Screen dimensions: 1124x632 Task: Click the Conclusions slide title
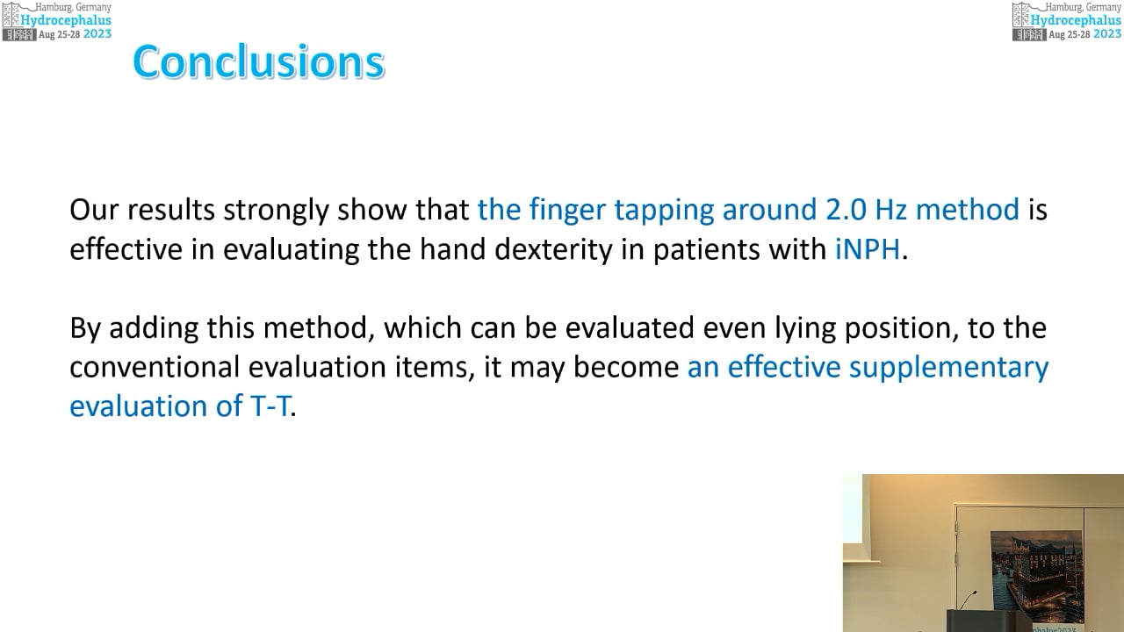click(259, 61)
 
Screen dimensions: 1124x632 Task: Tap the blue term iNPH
click(867, 248)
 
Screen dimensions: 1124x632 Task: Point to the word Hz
click(890, 209)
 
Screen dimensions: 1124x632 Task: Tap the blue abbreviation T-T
click(270, 406)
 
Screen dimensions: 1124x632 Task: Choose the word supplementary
click(948, 368)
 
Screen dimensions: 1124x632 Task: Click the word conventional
click(155, 367)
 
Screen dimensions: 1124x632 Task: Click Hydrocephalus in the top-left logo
click(66, 20)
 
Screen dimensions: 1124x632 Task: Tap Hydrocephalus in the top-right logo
click(1076, 20)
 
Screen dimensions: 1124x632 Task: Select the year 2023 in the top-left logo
click(97, 34)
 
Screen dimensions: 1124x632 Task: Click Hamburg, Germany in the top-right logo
click(1083, 7)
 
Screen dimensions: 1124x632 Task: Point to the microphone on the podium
click(969, 600)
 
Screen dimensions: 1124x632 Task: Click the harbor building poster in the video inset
click(1037, 571)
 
